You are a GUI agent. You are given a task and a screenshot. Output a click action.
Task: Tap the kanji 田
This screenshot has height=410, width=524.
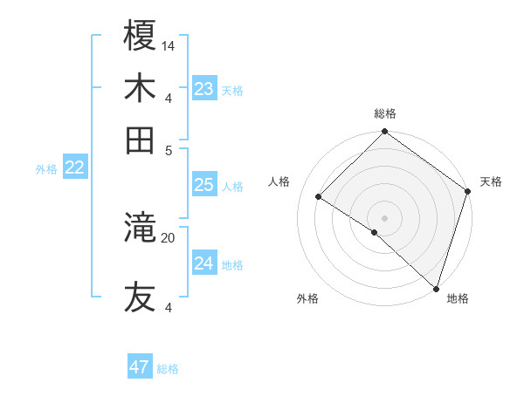(141, 140)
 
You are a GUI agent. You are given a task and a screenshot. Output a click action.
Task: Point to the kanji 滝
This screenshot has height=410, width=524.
(141, 229)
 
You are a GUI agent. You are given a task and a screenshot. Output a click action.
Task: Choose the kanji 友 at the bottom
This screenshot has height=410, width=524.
(141, 297)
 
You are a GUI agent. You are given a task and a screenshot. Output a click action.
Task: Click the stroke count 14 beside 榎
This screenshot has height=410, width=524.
(169, 45)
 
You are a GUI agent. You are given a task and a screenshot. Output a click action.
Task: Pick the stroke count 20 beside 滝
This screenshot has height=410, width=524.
(169, 236)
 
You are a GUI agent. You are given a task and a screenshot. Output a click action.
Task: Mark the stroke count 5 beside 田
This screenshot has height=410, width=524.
(169, 149)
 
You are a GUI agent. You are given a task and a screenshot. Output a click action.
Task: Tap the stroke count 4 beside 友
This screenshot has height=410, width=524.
(169, 307)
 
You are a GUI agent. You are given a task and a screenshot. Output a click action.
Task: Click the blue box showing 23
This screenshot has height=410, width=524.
(204, 89)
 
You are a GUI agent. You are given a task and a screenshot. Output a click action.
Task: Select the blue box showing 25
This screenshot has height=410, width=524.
(204, 185)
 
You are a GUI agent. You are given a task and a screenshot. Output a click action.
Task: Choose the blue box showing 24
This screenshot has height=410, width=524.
(204, 263)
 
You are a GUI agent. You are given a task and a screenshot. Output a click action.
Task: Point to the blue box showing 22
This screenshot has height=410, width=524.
(74, 168)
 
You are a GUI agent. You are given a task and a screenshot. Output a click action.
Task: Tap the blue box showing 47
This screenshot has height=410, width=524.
(140, 367)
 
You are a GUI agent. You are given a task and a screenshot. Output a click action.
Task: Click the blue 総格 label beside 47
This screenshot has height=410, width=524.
(168, 369)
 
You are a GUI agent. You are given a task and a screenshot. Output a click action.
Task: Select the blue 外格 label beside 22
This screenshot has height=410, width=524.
(46, 169)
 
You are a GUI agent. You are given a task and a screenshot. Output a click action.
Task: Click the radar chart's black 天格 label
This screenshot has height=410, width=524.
(491, 181)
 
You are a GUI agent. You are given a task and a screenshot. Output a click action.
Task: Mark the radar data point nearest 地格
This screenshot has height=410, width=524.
(436, 288)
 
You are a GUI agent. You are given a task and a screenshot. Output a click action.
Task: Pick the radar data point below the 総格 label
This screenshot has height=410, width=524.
(384, 133)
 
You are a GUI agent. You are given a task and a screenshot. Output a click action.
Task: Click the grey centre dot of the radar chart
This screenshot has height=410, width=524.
(384, 217)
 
